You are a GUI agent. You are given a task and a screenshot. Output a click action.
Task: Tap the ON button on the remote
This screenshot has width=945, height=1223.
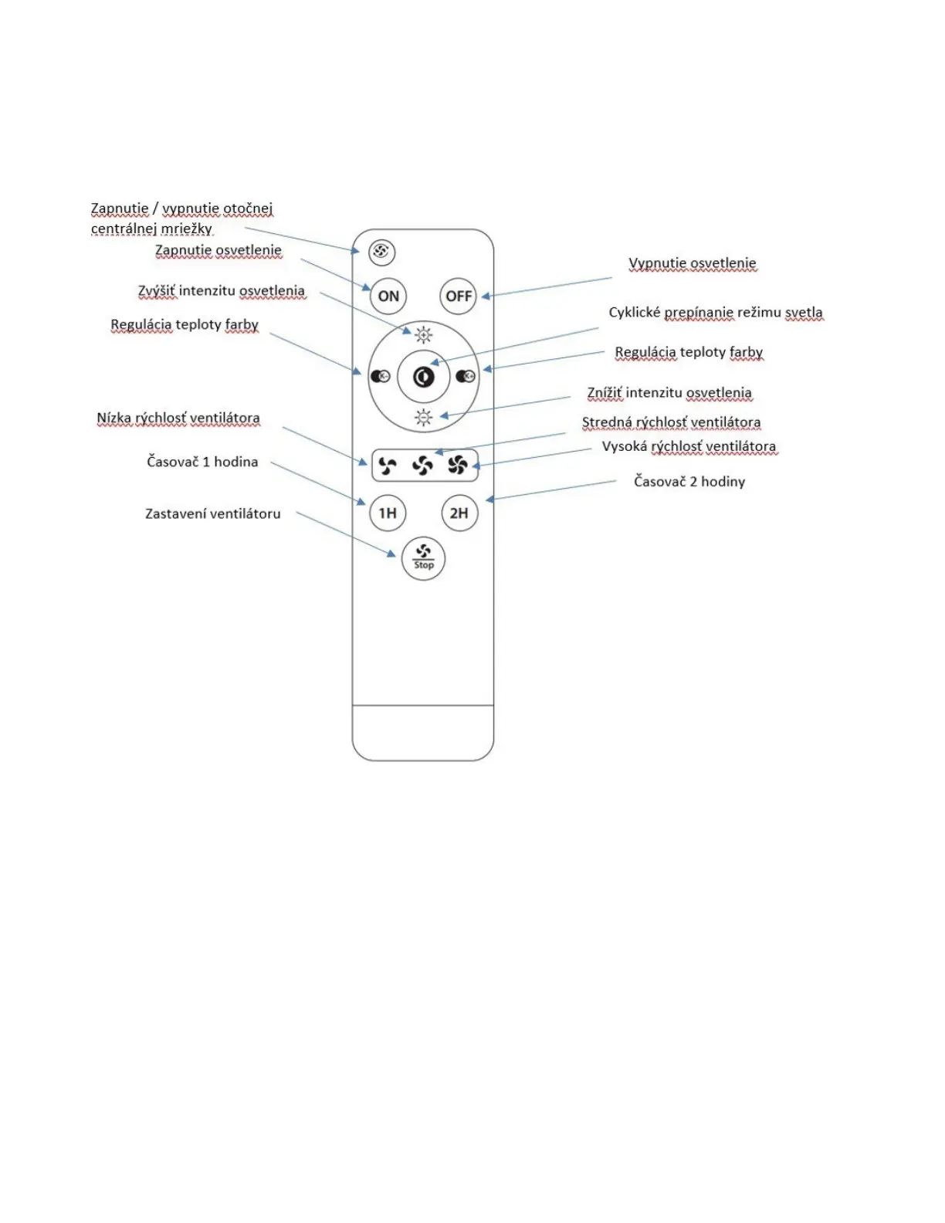(388, 296)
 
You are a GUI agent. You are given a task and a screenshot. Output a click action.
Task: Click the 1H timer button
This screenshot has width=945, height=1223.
(388, 513)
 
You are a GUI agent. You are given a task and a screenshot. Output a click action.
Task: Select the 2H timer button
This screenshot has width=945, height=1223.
(459, 513)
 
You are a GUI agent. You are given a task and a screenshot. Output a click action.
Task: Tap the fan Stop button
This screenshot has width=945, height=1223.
(423, 557)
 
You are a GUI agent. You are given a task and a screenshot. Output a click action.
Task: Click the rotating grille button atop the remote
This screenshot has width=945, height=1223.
(381, 252)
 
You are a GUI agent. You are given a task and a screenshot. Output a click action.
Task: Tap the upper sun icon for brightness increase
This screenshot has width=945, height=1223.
(423, 334)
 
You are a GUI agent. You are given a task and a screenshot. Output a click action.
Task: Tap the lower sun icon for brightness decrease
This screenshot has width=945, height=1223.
(423, 418)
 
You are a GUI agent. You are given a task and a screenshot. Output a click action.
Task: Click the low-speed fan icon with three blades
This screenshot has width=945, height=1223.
(388, 465)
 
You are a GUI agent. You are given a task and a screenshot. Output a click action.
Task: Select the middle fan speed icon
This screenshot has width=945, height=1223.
(422, 465)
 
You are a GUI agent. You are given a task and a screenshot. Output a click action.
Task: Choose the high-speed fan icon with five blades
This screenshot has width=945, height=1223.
(457, 465)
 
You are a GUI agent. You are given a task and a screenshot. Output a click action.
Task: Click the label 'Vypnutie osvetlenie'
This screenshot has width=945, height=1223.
(693, 263)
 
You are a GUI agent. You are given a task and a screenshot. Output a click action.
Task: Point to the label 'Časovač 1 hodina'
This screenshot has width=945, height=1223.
(202, 462)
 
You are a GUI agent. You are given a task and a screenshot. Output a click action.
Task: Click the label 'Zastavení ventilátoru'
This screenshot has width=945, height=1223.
(213, 513)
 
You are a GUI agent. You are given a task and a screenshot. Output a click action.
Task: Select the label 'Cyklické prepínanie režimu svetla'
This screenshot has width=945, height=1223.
(716, 313)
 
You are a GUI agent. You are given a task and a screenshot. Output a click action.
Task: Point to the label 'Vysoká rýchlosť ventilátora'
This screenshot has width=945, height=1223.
(689, 446)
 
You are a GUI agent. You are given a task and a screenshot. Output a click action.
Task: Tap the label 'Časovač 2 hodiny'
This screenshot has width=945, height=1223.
(689, 482)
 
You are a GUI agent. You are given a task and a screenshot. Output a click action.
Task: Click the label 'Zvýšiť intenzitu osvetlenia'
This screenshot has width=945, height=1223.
(222, 291)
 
